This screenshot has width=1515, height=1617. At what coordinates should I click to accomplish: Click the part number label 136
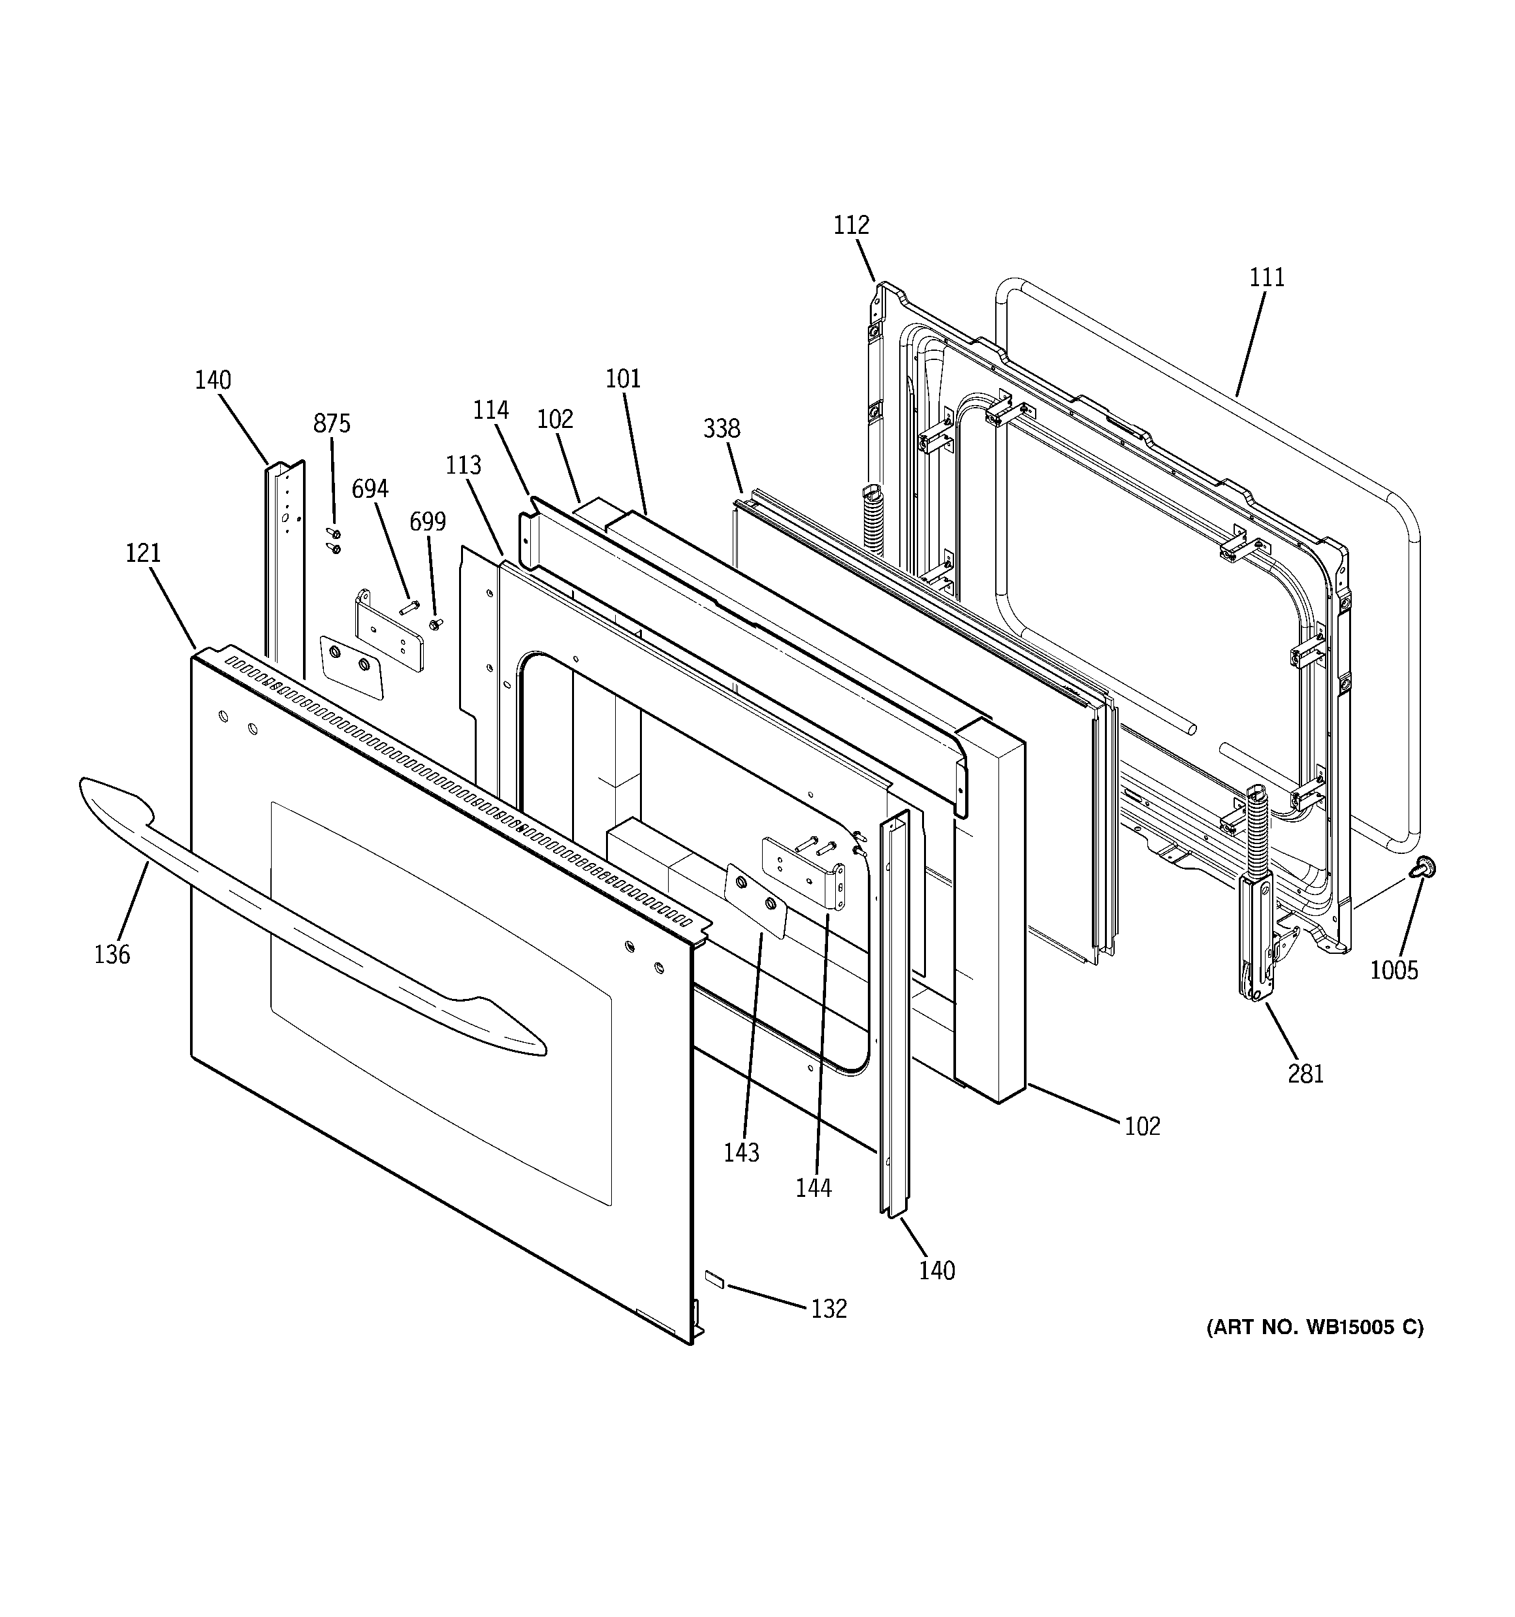[x=112, y=954]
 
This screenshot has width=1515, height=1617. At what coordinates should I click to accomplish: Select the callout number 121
[x=143, y=553]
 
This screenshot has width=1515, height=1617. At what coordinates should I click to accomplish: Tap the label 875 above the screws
[x=332, y=424]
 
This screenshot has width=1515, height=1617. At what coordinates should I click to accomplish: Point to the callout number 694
[x=370, y=489]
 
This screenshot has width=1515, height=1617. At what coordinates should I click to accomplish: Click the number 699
[x=428, y=521]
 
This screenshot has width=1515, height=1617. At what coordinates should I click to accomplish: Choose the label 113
[x=464, y=465]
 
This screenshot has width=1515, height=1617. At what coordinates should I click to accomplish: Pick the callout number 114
[x=491, y=410]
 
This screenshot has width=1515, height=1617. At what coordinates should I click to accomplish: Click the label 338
[x=722, y=429]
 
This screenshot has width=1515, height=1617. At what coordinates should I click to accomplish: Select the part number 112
[x=852, y=225]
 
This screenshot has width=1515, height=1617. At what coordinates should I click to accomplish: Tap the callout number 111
[x=1267, y=278]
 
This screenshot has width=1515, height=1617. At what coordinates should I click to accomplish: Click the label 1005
[x=1394, y=970]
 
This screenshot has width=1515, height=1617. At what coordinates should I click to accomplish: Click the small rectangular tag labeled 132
[x=714, y=1279]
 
